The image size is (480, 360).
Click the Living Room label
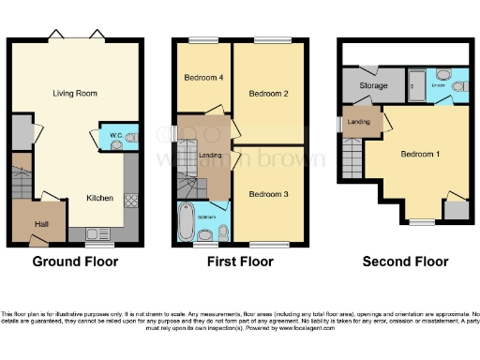[76, 94]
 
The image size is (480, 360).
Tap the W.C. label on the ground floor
[114, 137]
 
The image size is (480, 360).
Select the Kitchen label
[100, 198]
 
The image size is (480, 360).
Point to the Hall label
[42, 223]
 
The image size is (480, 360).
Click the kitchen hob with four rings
[131, 200]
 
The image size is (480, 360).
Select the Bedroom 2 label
[267, 94]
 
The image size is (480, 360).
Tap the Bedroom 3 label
[268, 194]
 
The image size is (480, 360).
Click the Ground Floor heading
[75, 262]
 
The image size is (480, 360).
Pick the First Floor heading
[240, 262]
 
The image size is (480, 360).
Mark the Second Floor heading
[405, 262]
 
